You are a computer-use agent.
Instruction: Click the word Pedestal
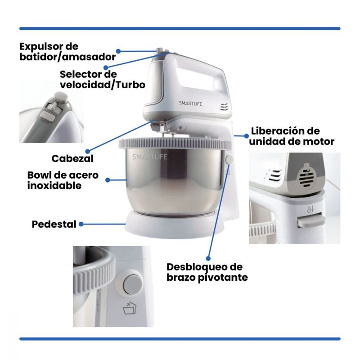click(x=54, y=224)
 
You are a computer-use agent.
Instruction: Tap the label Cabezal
click(x=72, y=159)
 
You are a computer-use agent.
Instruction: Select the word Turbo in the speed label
click(x=131, y=85)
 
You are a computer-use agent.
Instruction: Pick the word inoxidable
click(x=54, y=185)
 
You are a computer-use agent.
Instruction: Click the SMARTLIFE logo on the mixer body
click(x=190, y=103)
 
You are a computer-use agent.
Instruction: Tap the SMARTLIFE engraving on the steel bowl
click(x=150, y=157)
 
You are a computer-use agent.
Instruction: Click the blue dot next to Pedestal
click(x=81, y=224)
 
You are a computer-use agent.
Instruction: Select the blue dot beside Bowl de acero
click(x=108, y=180)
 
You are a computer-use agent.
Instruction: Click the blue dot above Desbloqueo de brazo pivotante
click(x=208, y=258)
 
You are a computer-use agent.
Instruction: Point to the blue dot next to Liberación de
click(x=246, y=136)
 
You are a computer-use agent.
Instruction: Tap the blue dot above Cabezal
click(x=88, y=151)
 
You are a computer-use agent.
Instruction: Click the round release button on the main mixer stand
click(x=229, y=159)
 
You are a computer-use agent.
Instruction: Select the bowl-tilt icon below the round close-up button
click(x=130, y=308)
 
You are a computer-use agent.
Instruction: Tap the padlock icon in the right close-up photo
click(x=310, y=209)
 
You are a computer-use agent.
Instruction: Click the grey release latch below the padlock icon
click(x=311, y=220)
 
